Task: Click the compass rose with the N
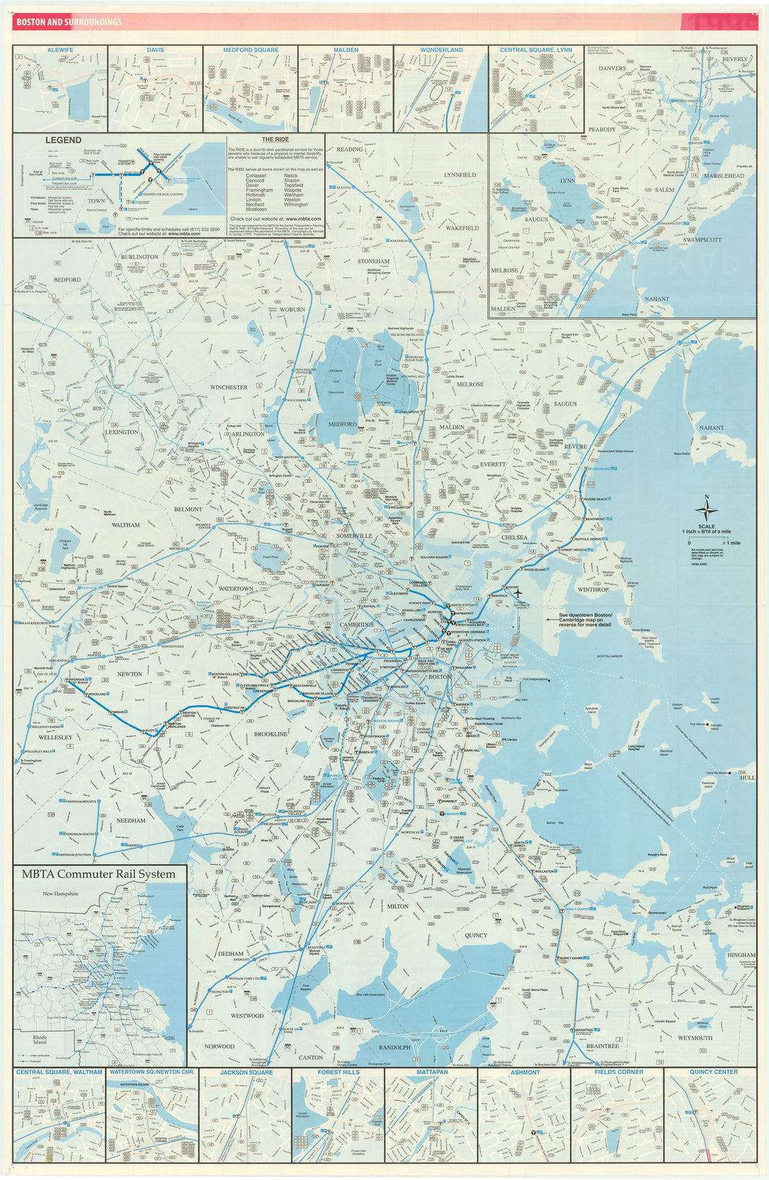click(706, 511)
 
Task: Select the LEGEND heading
click(63, 140)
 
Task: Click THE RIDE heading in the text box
click(275, 139)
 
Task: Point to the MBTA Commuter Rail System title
click(98, 873)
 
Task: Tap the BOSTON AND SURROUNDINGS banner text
click(69, 22)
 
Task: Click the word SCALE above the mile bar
click(706, 527)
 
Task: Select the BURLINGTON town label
click(139, 257)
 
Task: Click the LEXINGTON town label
click(122, 432)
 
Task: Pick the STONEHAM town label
click(373, 261)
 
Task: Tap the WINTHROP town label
click(593, 589)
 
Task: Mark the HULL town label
click(747, 778)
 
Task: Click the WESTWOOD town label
click(247, 1016)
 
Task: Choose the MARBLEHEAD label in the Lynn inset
click(724, 176)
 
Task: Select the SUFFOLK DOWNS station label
click(588, 539)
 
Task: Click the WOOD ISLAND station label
click(535, 570)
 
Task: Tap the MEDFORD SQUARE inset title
click(250, 50)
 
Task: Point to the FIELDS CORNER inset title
click(617, 1072)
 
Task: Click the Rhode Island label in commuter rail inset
click(40, 1039)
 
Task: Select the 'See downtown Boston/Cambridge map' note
click(585, 620)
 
